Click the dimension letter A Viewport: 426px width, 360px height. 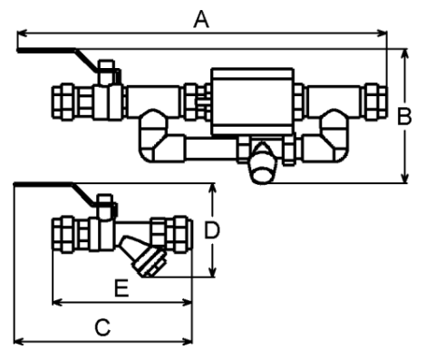click(201, 19)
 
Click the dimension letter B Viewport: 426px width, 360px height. click(404, 117)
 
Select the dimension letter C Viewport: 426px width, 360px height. click(102, 327)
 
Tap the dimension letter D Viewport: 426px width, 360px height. click(212, 230)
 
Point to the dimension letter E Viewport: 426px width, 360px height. click(121, 288)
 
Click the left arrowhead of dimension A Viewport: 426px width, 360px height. click(22, 34)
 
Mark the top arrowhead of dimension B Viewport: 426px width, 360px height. click(404, 54)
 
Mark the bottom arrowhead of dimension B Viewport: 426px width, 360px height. click(404, 178)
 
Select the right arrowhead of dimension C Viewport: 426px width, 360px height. click(187, 342)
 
